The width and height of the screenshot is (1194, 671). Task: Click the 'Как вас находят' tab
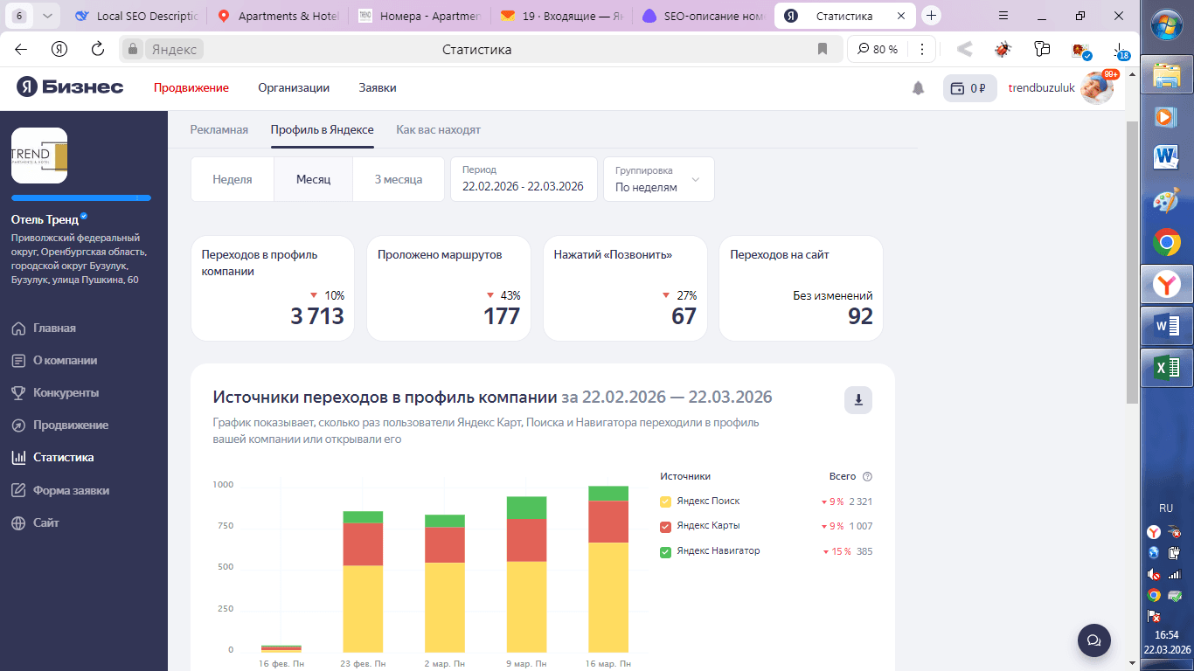(x=438, y=129)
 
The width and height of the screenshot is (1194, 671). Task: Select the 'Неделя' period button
(x=233, y=179)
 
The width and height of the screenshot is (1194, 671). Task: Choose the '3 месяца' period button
(x=399, y=179)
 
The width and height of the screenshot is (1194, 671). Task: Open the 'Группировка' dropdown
(x=658, y=179)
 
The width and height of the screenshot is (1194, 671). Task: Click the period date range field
(x=524, y=179)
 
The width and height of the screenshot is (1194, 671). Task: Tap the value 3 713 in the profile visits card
(x=317, y=316)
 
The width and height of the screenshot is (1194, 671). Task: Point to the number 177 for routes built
(x=501, y=316)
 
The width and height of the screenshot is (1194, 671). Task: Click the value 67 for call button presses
(x=684, y=316)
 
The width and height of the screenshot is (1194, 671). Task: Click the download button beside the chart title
(x=858, y=400)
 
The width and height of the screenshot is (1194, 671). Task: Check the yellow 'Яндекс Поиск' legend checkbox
(x=665, y=502)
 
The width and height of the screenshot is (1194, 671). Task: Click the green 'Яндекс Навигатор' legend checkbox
(x=665, y=552)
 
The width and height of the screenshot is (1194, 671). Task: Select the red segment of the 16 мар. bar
(x=608, y=522)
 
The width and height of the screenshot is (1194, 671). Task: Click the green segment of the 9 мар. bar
(x=527, y=508)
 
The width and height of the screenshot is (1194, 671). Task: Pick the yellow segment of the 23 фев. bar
(x=363, y=609)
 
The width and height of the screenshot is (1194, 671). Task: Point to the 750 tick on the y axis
(x=226, y=525)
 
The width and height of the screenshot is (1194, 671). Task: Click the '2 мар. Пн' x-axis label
(x=445, y=663)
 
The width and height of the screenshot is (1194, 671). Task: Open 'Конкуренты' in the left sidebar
(x=66, y=393)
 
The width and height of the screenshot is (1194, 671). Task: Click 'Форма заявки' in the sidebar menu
(x=71, y=490)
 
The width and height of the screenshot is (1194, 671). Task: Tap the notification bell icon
(x=918, y=88)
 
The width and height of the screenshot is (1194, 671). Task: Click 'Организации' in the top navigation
(x=294, y=88)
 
